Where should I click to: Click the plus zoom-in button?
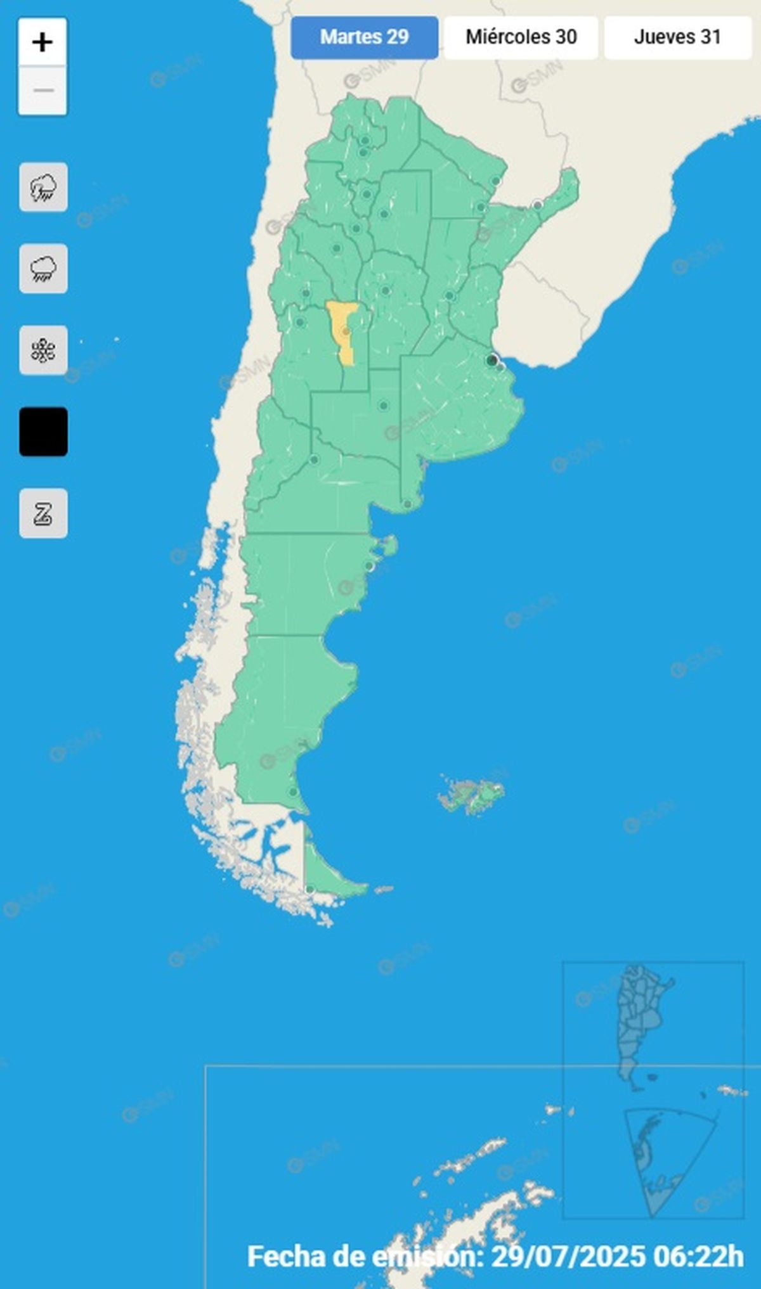coord(42,42)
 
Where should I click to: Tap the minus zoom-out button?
coord(42,91)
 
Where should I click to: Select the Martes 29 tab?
coord(364,37)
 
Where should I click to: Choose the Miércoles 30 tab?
coord(521,37)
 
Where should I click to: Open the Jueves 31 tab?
coord(677,37)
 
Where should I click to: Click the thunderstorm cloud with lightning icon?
coord(43,188)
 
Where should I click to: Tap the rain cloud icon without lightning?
coord(43,269)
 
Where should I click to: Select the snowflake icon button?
coord(43,350)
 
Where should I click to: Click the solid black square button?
coord(43,432)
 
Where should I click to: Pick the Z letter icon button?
coord(43,513)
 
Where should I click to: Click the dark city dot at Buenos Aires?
coord(491,361)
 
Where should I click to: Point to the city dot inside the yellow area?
coord(346,331)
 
